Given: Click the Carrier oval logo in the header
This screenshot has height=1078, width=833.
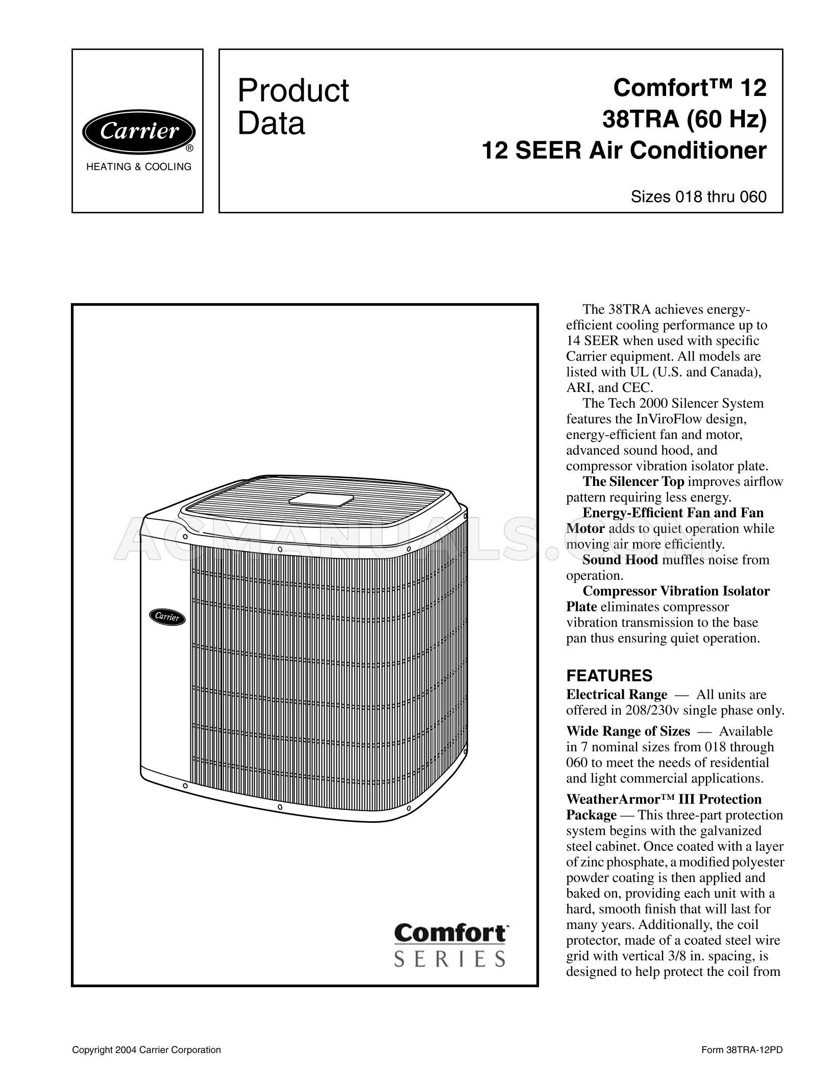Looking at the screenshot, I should pyautogui.click(x=138, y=132).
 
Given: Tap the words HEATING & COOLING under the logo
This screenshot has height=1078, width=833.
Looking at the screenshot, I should pyautogui.click(x=139, y=167).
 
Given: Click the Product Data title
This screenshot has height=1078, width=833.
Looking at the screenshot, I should pyautogui.click(x=293, y=107).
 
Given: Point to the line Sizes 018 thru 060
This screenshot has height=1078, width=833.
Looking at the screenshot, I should pyautogui.click(x=699, y=197).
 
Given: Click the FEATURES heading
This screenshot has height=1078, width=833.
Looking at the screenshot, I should pyautogui.click(x=609, y=676).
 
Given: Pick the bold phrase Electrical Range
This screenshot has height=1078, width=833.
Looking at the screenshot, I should pyautogui.click(x=617, y=695).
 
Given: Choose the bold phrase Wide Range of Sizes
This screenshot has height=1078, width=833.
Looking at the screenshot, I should pyautogui.click(x=628, y=731).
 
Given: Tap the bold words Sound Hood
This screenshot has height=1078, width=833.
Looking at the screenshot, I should pyautogui.click(x=620, y=560).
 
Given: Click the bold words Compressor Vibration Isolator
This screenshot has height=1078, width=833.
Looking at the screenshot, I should pyautogui.click(x=676, y=591).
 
